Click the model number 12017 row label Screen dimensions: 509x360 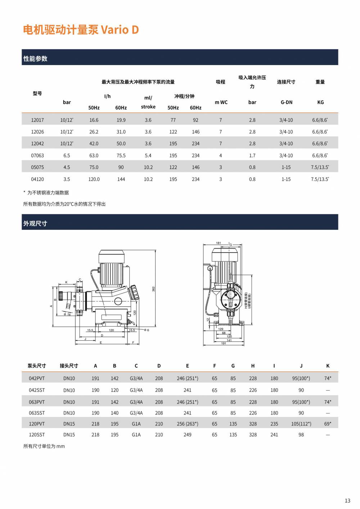[x=37, y=120]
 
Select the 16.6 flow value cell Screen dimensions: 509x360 [x=94, y=120]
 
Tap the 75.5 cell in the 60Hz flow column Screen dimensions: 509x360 [x=121, y=155]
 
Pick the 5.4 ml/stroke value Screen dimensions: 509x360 [x=148, y=155]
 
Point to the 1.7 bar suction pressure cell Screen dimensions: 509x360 [x=252, y=155]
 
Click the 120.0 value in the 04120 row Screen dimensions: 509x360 [x=94, y=179]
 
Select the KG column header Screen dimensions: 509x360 [x=320, y=102]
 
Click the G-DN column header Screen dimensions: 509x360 [x=287, y=102]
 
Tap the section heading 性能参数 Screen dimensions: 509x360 [x=35, y=59]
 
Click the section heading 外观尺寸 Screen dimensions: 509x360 [x=35, y=223]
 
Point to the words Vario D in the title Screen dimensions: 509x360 [x=120, y=30]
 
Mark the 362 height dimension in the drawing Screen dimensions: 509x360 [x=153, y=289]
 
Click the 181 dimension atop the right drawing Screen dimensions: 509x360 [x=219, y=243]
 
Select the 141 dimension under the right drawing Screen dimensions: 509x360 [x=229, y=340]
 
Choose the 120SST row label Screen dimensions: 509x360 [x=37, y=435]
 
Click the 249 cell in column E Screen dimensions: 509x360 [x=187, y=435]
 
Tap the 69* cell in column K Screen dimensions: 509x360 [x=328, y=424]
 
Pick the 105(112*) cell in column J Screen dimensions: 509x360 [x=301, y=424]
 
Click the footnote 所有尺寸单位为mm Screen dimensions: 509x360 [x=44, y=446]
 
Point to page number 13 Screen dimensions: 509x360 [x=347, y=500]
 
